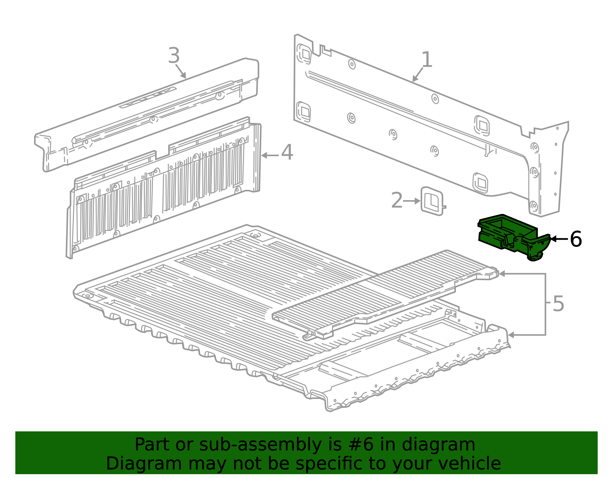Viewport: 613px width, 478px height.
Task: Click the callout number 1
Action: pyautogui.click(x=427, y=59)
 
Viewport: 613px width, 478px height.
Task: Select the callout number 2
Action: pyautogui.click(x=397, y=200)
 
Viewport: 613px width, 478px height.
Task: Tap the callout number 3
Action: pyautogui.click(x=174, y=55)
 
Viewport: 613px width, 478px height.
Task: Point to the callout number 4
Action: pyautogui.click(x=287, y=152)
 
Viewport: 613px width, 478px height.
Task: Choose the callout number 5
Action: pyautogui.click(x=558, y=303)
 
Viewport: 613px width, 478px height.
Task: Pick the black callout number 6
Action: pyautogui.click(x=576, y=239)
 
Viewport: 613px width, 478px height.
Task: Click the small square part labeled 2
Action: pyautogui.click(x=432, y=201)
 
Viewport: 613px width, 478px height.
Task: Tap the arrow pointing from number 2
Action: pyautogui.click(x=412, y=201)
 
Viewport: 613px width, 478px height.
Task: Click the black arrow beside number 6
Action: pyautogui.click(x=559, y=239)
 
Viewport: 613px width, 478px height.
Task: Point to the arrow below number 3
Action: pyautogui.click(x=181, y=72)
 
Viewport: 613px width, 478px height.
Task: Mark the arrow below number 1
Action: pyautogui.click(x=418, y=75)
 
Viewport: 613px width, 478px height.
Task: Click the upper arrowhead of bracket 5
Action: pyautogui.click(x=502, y=274)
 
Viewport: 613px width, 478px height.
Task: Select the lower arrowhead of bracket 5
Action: pyautogui.click(x=511, y=335)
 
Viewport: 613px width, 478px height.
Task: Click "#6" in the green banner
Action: pyautogui.click(x=361, y=444)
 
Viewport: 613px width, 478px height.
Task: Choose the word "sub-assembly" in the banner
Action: pyautogui.click(x=260, y=445)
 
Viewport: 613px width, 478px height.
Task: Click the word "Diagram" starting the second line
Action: pyautogui.click(x=144, y=464)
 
